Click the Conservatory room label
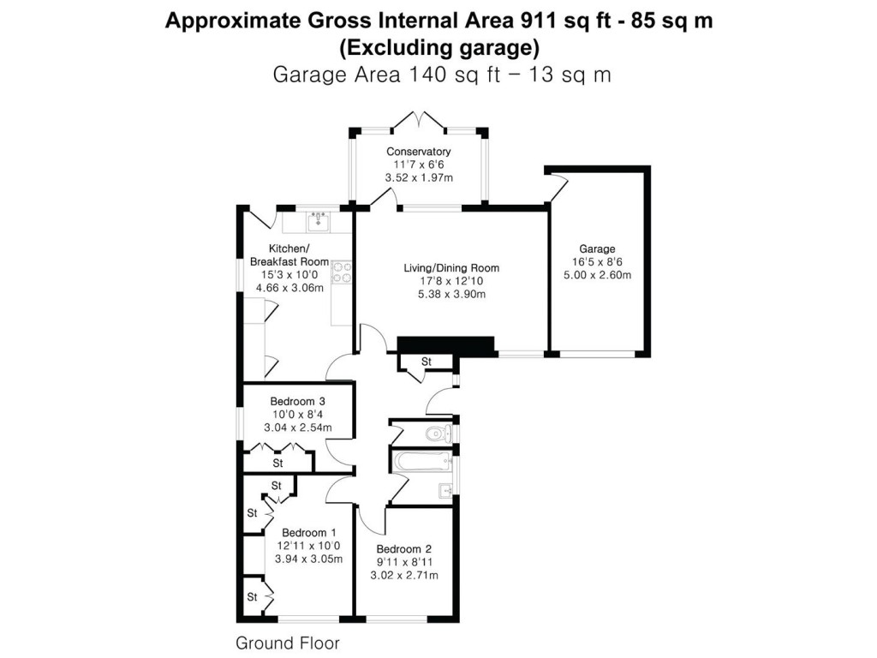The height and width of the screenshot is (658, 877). click(418, 152)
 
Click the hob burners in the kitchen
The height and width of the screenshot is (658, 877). click(343, 271)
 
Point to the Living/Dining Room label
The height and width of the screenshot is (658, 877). click(450, 268)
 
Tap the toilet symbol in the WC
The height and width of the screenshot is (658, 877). click(439, 433)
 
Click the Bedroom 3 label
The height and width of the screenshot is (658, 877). click(297, 401)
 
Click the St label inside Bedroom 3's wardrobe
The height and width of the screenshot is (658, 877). click(277, 464)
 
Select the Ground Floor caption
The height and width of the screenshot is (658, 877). click(287, 643)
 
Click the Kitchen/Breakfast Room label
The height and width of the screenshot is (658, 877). click(287, 255)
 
